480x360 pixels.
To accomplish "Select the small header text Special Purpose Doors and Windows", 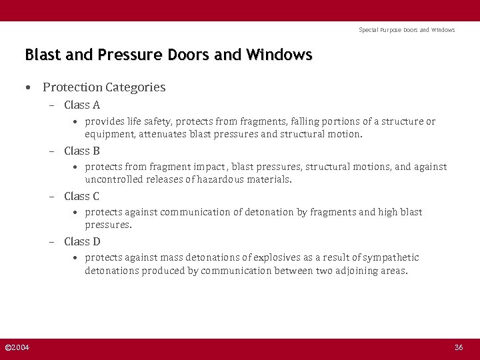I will (x=407, y=30).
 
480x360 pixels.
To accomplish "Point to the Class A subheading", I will (x=82, y=105).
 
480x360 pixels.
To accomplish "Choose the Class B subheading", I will (x=82, y=151).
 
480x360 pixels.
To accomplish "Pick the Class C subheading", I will (x=82, y=196).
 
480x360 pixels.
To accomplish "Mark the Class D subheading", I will (x=82, y=241).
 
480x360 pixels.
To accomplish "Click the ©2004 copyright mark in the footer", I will (x=17, y=347).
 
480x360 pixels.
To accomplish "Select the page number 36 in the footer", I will (x=459, y=347).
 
